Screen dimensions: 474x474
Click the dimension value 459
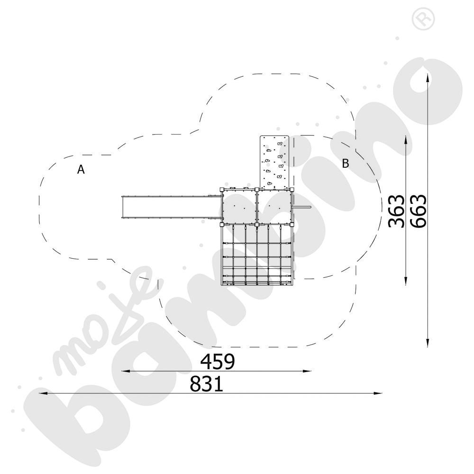[218, 361]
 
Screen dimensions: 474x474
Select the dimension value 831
[207, 384]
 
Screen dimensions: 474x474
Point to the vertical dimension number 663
[419, 211]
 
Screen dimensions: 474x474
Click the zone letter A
[81, 169]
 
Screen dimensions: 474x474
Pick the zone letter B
[345, 163]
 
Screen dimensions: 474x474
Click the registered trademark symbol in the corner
[423, 19]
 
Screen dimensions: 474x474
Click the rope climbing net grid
[257, 255]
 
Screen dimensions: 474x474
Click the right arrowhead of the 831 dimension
[378, 393]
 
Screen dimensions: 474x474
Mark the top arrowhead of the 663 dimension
[428, 77]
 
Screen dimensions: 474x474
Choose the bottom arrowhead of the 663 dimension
[428, 343]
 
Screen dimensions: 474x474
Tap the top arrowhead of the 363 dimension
[405, 140]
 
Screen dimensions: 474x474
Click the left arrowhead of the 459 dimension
[126, 371]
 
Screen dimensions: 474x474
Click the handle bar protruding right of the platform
[301, 207]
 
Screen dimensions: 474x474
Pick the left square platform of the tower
[239, 207]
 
